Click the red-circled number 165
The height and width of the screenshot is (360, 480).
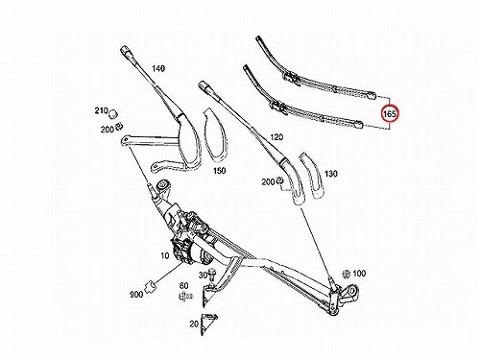[x=390, y=113]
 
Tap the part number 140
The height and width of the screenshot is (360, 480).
[x=158, y=68]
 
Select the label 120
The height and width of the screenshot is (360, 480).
[x=276, y=137]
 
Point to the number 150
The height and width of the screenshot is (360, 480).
[x=220, y=171]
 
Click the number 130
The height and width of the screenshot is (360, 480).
[x=331, y=174]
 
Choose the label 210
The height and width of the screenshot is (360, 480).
[x=101, y=110]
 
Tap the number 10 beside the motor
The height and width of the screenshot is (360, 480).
[x=164, y=255]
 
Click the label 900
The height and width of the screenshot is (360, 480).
[x=136, y=294]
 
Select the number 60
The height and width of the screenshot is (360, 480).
[x=183, y=285]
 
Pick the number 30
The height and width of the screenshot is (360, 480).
[x=203, y=276]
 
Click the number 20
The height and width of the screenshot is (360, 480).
[x=194, y=324]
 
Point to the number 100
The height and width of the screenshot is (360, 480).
[x=359, y=274]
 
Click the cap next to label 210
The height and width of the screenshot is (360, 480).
[x=112, y=113]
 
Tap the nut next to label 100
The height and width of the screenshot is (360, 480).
[x=346, y=274]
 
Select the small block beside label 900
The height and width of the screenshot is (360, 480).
[x=150, y=286]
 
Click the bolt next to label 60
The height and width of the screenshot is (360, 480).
[x=183, y=297]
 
